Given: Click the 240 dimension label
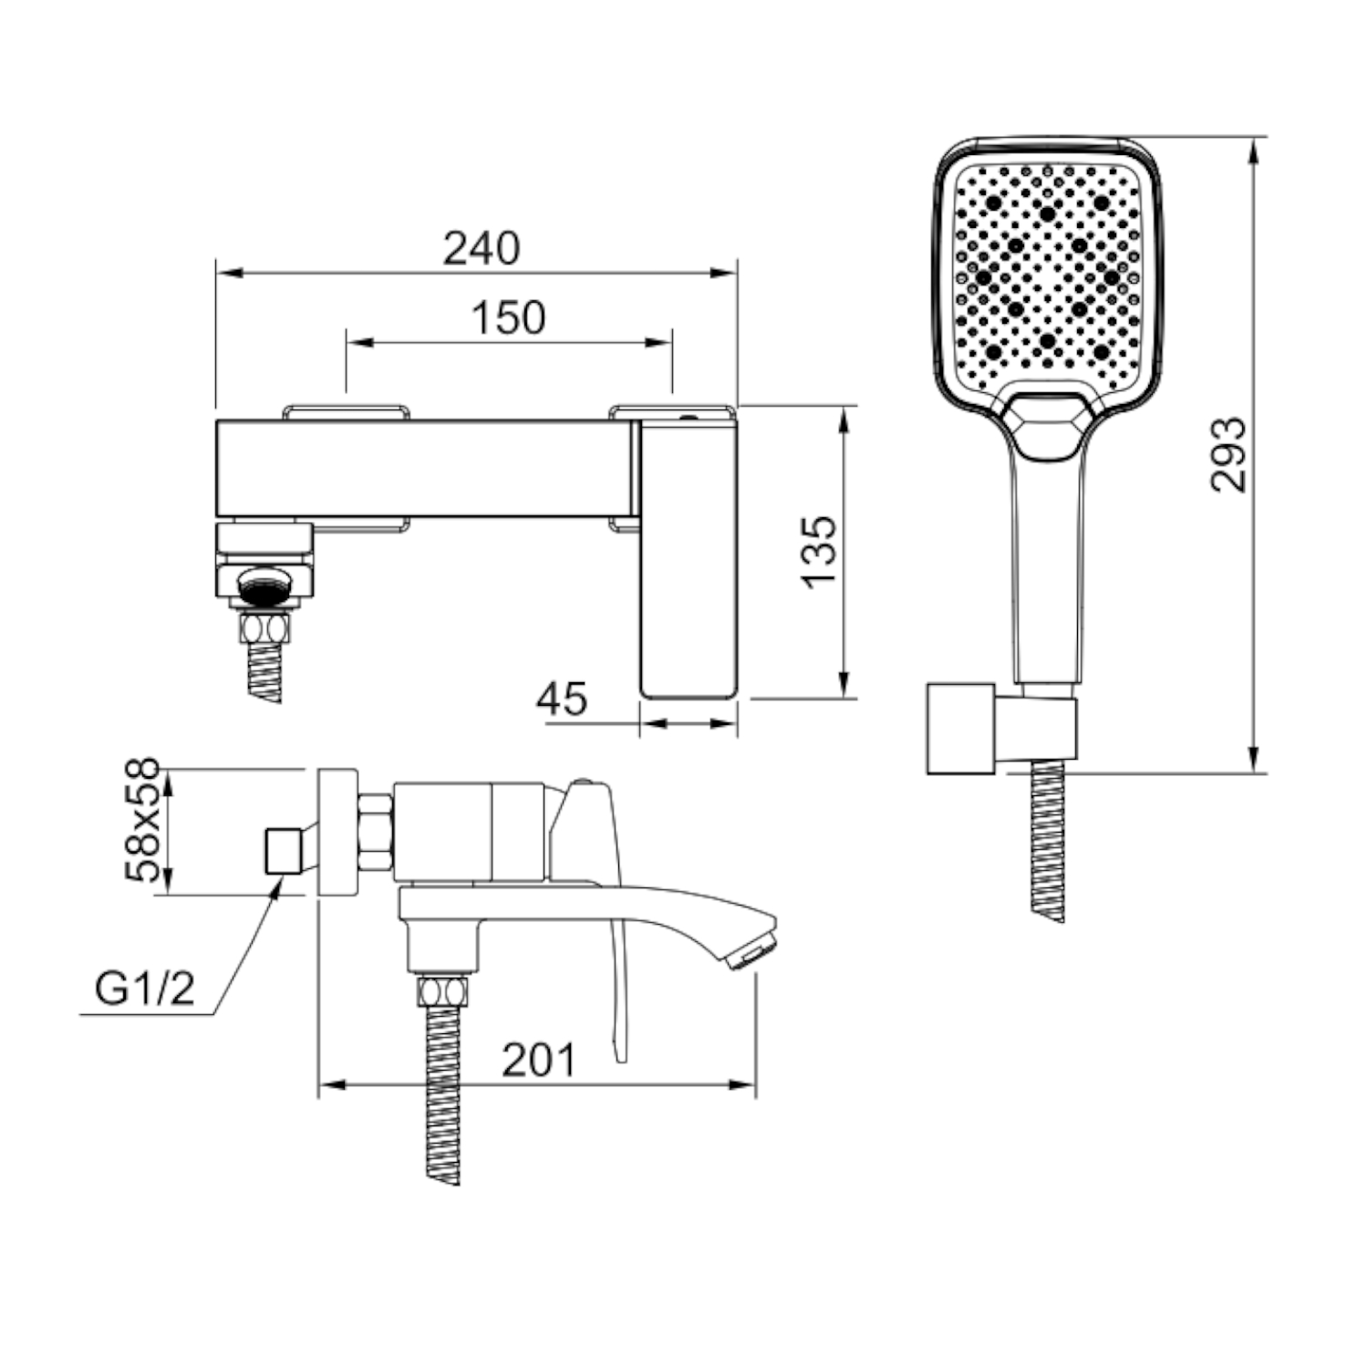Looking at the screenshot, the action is tap(482, 248).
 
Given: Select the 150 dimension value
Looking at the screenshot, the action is tap(508, 317).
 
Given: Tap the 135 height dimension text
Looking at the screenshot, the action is tap(820, 552).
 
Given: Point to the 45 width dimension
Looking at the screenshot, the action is tap(562, 700).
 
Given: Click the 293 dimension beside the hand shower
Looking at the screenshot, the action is tap(1228, 454).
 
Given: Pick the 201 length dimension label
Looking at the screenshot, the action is tap(539, 1060).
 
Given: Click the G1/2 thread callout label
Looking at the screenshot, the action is tap(145, 989).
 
